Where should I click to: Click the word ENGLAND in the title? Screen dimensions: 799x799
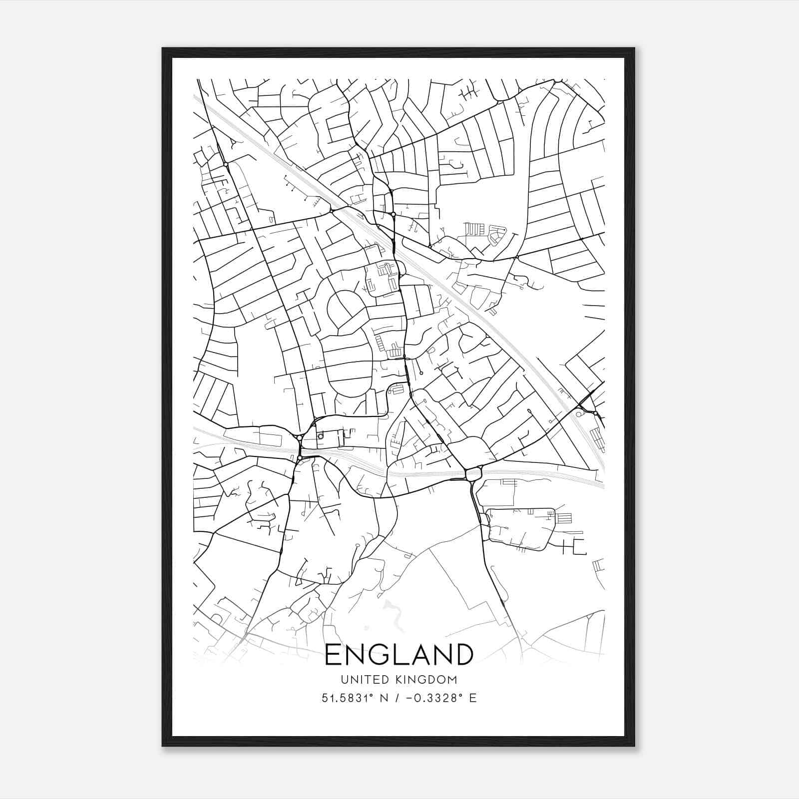pos(399,655)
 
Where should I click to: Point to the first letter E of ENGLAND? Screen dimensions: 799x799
pos(334,655)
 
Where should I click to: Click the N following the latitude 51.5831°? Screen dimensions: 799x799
pos(385,698)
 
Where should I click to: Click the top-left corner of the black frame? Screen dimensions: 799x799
pos(163,48)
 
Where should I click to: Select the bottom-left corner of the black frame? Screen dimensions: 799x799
pos(163,746)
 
